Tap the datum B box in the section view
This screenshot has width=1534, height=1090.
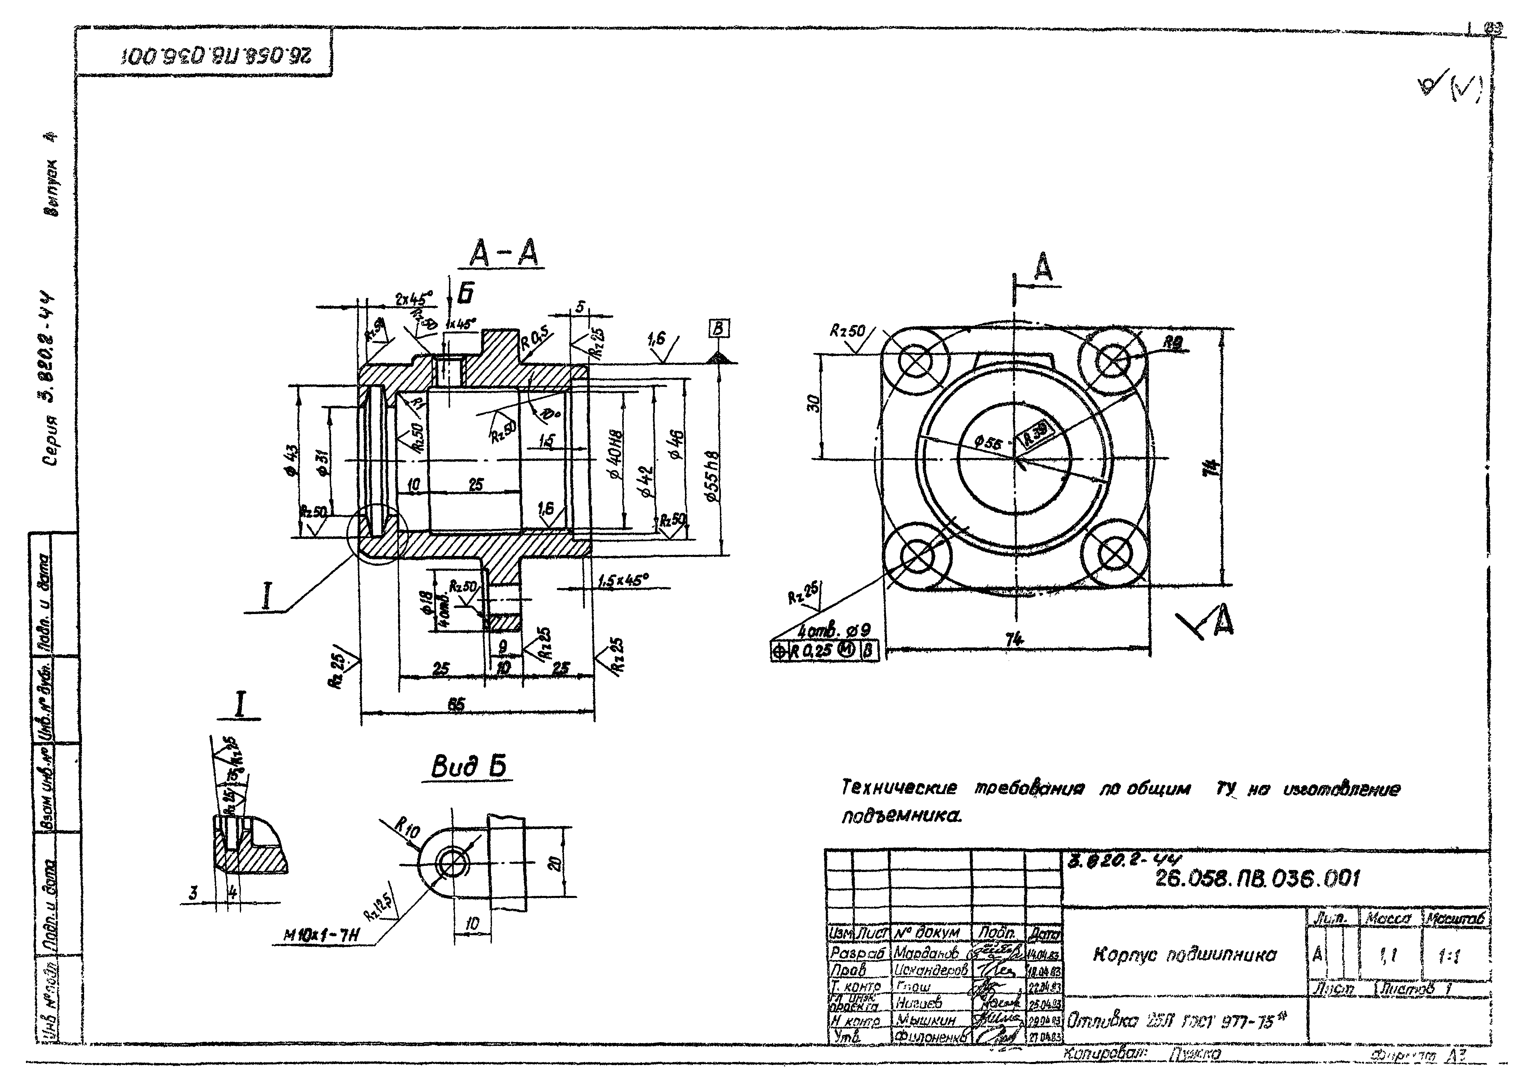coord(719,329)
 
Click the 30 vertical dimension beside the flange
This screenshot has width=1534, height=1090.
coord(813,405)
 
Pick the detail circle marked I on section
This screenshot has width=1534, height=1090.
coord(378,534)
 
